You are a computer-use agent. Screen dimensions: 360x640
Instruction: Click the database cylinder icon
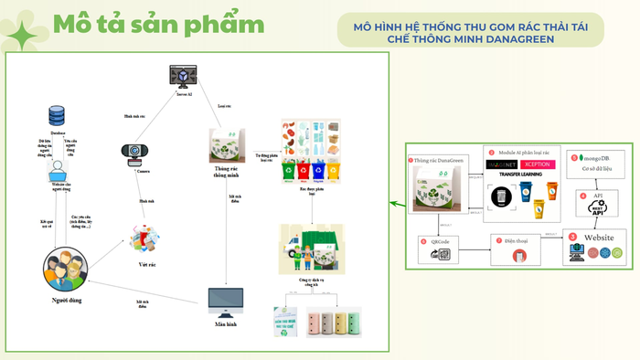coord(55,116)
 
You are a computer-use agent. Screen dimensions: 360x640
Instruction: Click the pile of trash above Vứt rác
coord(144,239)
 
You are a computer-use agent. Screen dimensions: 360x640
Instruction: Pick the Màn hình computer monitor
coord(226,302)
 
